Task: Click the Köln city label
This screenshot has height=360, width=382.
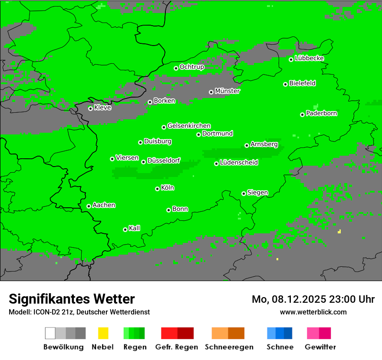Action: (168, 188)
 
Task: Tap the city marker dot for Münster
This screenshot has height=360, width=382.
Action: (211, 92)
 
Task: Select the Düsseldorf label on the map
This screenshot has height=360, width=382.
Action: (164, 160)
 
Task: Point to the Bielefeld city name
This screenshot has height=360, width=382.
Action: (303, 83)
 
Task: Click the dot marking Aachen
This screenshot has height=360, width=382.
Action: (89, 206)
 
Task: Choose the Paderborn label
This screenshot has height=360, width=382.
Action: (322, 113)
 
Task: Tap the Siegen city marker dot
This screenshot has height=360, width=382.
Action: (244, 193)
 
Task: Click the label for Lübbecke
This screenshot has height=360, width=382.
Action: (310, 58)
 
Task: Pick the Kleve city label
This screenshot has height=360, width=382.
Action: (103, 108)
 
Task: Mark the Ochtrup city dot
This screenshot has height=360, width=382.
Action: (176, 68)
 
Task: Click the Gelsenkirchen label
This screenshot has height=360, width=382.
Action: (189, 126)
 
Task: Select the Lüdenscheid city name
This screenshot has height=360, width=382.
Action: (239, 163)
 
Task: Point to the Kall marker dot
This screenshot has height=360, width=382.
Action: (125, 229)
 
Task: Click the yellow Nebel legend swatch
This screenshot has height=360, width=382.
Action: (103, 333)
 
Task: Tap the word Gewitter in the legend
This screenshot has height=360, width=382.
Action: (320, 347)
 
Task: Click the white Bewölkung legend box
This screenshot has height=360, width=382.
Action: (50, 333)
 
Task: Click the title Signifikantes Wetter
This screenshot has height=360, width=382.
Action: (72, 299)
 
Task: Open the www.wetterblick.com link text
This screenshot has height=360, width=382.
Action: (313, 312)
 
